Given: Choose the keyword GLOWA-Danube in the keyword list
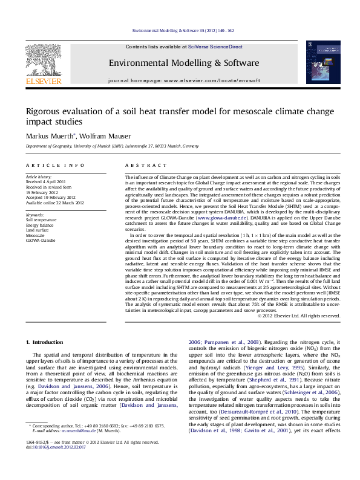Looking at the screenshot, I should point(40,240).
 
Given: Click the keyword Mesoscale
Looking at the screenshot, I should point(36,235).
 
